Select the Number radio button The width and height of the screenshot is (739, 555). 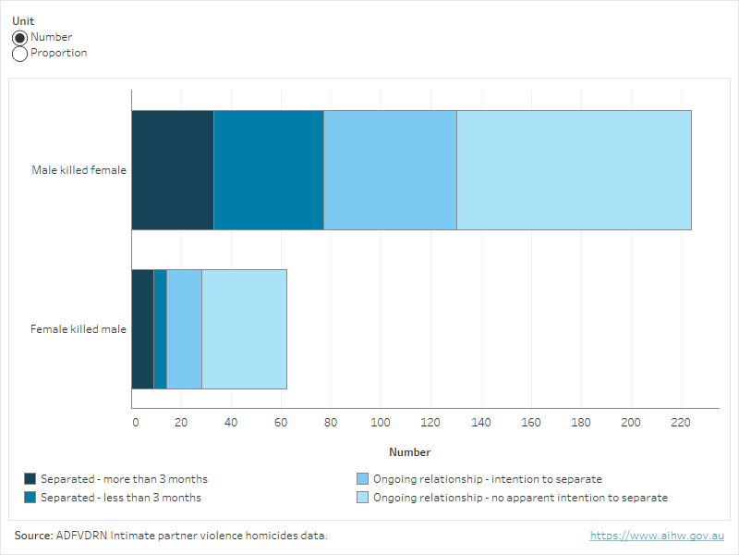coord(20,38)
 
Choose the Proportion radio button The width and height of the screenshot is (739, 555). coord(20,54)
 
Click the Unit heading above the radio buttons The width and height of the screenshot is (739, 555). coord(22,21)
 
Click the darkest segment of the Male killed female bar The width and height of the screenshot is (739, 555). coord(173,170)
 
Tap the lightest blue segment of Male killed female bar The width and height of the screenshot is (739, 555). coord(574,170)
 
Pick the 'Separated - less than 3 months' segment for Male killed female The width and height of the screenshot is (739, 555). coord(269,170)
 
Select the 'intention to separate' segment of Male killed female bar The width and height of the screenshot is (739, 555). coord(390,170)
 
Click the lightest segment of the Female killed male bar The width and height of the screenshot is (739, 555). coord(244,329)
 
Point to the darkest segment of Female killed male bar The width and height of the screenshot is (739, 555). coord(142,329)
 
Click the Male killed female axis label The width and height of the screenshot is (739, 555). coord(79,170)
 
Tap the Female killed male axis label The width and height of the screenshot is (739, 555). coord(79,329)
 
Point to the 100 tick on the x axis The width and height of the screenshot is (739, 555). coord(382,423)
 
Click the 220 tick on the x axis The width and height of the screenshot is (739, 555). coord(680,423)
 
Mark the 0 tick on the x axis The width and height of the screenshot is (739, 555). coord(135,423)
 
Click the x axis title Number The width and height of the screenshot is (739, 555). coord(409,452)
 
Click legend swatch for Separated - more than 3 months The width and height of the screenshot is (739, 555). coord(30,479)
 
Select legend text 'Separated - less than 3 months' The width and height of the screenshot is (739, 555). coord(120,498)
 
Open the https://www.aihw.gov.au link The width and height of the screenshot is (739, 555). coord(657,536)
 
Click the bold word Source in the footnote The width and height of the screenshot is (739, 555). coord(32,536)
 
